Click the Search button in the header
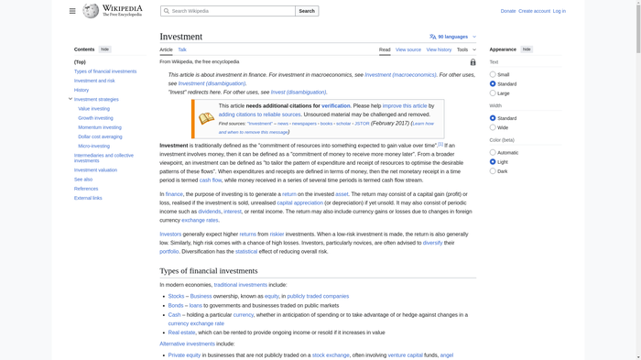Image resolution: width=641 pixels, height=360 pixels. click(307, 11)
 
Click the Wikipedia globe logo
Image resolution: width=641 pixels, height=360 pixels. click(91, 11)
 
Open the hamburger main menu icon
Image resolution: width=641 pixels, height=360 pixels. click(72, 11)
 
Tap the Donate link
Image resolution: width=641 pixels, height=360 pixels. click(508, 11)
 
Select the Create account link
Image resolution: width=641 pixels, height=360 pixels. click(535, 11)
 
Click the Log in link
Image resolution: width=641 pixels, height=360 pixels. click(560, 11)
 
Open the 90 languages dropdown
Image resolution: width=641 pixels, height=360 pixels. click(452, 37)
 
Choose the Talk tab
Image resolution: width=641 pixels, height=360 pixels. click(182, 49)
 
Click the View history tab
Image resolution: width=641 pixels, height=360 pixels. click(439, 49)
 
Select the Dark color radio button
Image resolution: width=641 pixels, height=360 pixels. click(493, 171)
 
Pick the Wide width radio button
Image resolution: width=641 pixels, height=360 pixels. click(493, 127)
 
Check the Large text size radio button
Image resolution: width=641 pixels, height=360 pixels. click(493, 93)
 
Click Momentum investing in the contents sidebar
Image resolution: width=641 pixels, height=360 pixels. click(100, 127)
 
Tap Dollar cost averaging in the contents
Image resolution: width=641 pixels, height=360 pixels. click(100, 136)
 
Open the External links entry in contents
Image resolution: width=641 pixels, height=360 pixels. click(88, 198)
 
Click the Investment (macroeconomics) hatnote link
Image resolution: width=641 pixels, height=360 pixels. click(400, 75)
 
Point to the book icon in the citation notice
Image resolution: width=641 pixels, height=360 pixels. click(206, 119)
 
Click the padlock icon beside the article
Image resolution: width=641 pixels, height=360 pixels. click(473, 62)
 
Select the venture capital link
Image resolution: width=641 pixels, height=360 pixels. click(405, 355)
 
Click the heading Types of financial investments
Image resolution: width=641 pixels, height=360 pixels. click(209, 271)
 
